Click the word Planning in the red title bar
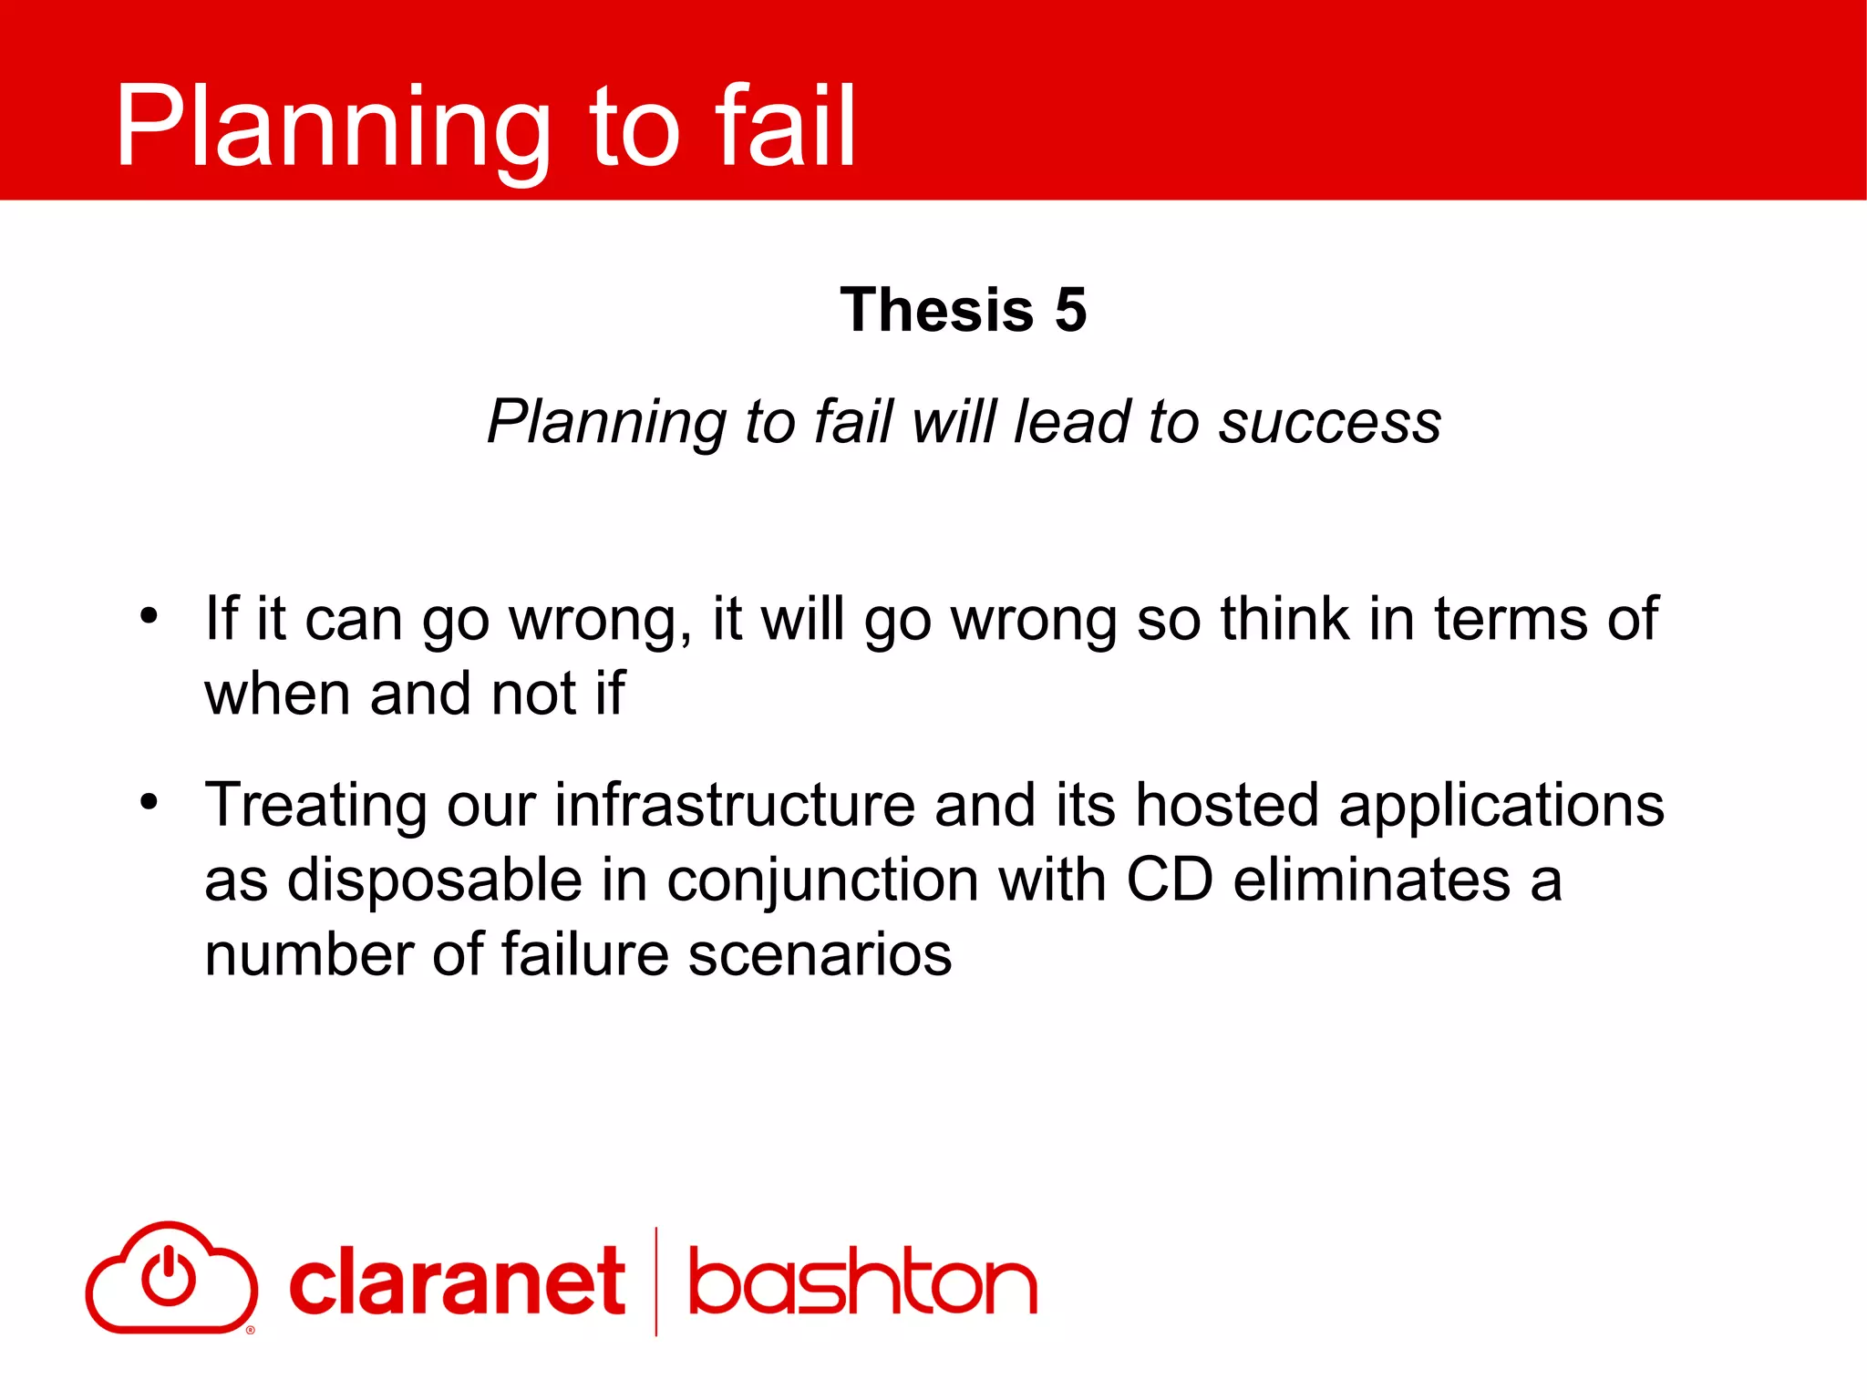[x=334, y=128]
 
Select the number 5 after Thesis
[x=1070, y=310]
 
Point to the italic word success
[x=1330, y=422]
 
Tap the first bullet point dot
[x=149, y=615]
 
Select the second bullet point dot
[x=149, y=802]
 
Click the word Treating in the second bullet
[x=315, y=806]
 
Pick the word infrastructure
[x=735, y=806]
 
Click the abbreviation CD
[x=1170, y=880]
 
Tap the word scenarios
[x=820, y=955]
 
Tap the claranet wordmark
[x=457, y=1282]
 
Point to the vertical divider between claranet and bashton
[x=656, y=1281]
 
